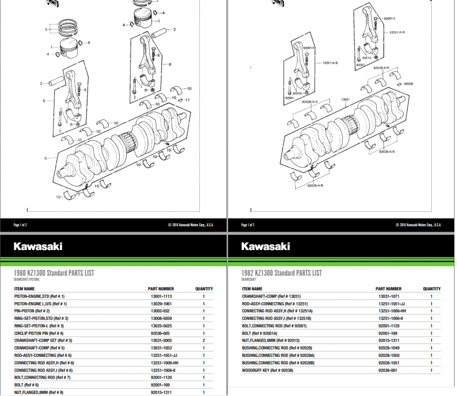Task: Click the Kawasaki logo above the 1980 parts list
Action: [x=38, y=247]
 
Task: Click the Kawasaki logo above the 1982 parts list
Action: [x=265, y=247]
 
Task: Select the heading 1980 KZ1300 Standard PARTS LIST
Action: [x=54, y=273]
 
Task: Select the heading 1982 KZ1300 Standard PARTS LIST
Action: [x=281, y=273]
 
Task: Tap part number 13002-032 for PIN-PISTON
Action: [x=161, y=311]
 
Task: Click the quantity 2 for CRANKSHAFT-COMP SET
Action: [x=204, y=341]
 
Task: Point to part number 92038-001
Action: [x=388, y=370]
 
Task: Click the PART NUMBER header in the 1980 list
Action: [x=161, y=289]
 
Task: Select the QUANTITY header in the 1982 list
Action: [x=431, y=289]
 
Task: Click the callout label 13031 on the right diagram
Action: [x=345, y=99]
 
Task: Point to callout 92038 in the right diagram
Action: [x=409, y=84]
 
